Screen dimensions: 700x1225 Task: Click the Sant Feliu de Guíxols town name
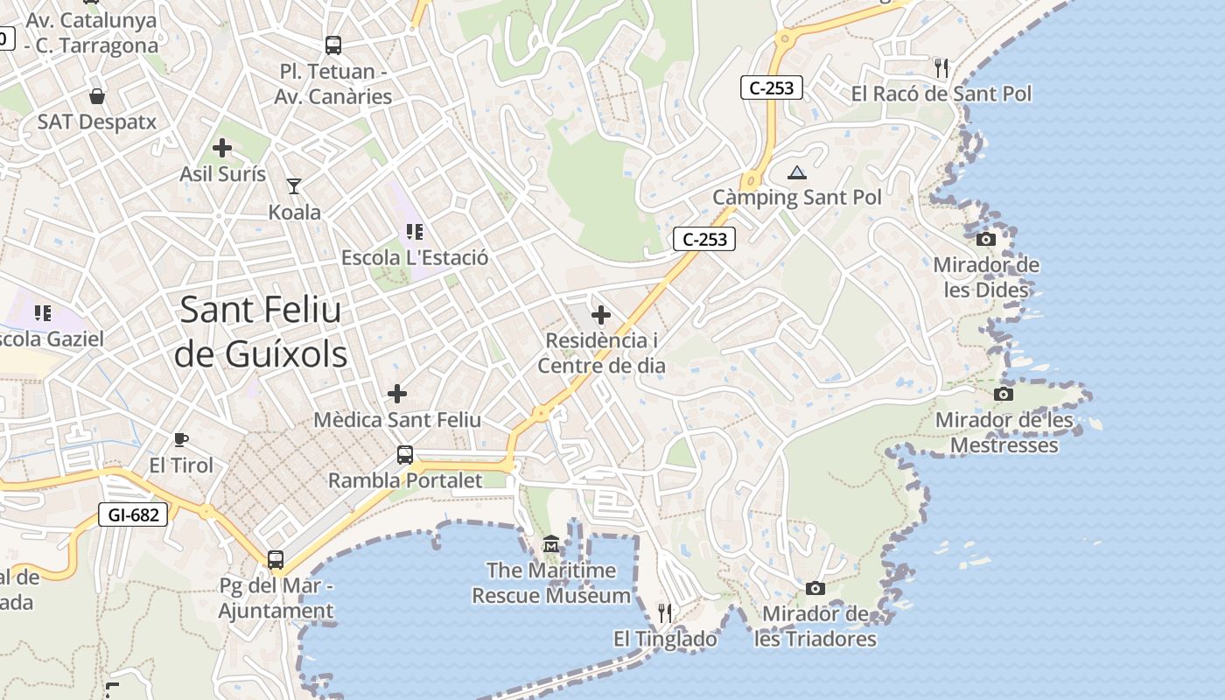pyautogui.click(x=261, y=332)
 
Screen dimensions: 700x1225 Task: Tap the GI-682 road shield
pyautogui.click(x=134, y=514)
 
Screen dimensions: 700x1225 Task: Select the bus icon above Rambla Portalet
pyautogui.click(x=405, y=455)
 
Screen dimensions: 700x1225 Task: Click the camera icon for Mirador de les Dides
pyautogui.click(x=985, y=239)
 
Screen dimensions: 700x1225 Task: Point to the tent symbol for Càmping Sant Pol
pyautogui.click(x=796, y=172)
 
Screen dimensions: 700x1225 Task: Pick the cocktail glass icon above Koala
pyautogui.click(x=294, y=185)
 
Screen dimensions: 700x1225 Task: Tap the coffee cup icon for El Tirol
pyautogui.click(x=181, y=439)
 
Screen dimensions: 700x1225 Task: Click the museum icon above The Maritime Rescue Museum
pyautogui.click(x=550, y=544)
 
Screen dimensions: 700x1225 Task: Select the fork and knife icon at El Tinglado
pyautogui.click(x=665, y=612)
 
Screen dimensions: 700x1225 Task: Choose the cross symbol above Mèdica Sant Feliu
pyautogui.click(x=397, y=394)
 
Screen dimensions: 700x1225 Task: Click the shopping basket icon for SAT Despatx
pyautogui.click(x=97, y=95)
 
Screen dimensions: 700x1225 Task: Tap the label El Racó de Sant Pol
pyautogui.click(x=941, y=94)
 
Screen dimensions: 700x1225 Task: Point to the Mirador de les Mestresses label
pyautogui.click(x=1004, y=432)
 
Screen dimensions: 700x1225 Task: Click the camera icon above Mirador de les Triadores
pyautogui.click(x=815, y=588)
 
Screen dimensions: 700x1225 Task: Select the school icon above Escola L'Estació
pyautogui.click(x=415, y=232)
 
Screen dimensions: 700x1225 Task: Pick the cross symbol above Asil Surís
pyautogui.click(x=222, y=148)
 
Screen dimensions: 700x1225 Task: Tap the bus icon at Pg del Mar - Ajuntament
pyautogui.click(x=276, y=559)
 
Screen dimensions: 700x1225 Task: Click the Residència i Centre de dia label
pyautogui.click(x=601, y=353)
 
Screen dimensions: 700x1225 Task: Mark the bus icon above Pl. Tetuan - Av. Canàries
pyautogui.click(x=333, y=45)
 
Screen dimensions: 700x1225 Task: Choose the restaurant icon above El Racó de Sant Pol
pyautogui.click(x=941, y=66)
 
